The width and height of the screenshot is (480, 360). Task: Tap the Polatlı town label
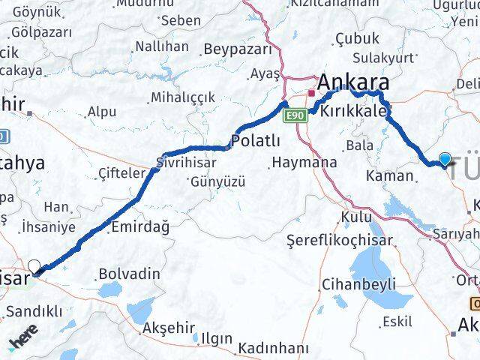[x=256, y=141]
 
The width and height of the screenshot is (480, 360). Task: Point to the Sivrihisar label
[x=186, y=162]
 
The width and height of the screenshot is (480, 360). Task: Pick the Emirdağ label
[x=139, y=226]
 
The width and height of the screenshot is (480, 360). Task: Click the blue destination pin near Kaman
[x=445, y=158]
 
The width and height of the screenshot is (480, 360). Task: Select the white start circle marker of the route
[x=34, y=265]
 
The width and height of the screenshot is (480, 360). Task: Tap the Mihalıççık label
[x=182, y=97]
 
